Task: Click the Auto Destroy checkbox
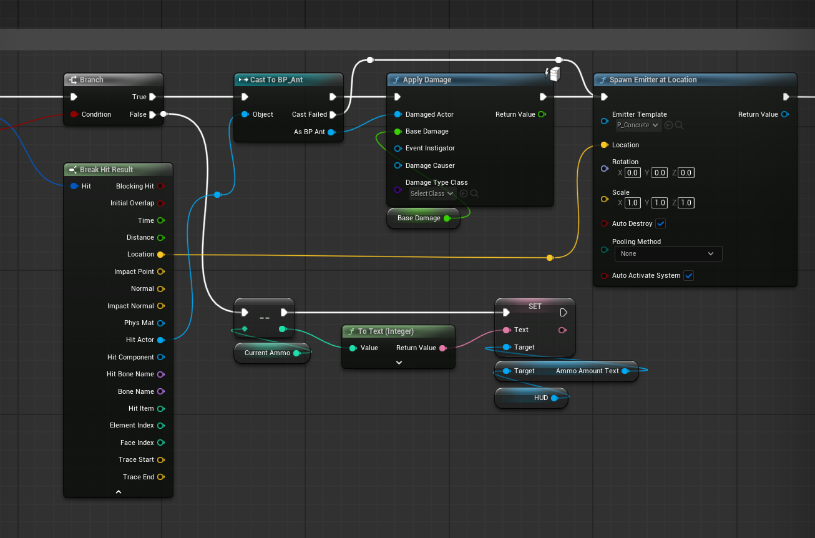661,223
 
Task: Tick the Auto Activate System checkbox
688,275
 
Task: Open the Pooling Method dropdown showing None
668,254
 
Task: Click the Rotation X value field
632,172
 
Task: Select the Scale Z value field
686,203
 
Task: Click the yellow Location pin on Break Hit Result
160,255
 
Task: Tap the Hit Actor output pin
160,340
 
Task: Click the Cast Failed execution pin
333,115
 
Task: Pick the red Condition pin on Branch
74,114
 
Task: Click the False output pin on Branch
152,115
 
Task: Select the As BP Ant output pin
331,132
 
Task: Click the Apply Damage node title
427,80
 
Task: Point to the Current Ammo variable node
272,353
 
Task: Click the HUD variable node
531,398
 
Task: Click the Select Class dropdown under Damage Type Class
432,193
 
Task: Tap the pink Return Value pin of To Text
443,348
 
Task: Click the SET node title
535,306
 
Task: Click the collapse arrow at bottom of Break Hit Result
118,492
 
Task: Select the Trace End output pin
160,477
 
